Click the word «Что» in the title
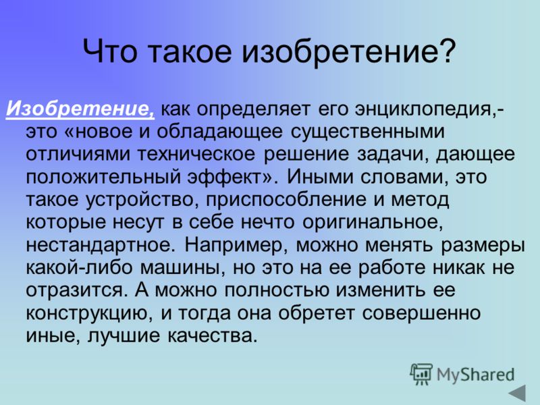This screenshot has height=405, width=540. tap(110, 51)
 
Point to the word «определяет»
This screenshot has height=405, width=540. tap(254, 110)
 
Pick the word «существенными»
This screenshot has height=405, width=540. tap(367, 132)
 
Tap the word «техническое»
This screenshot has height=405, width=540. tap(196, 154)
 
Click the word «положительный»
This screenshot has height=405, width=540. tap(103, 178)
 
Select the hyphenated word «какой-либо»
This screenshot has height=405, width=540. tap(79, 267)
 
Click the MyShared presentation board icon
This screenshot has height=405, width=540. tap(421, 375)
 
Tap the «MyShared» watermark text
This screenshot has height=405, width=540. tap(476, 375)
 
